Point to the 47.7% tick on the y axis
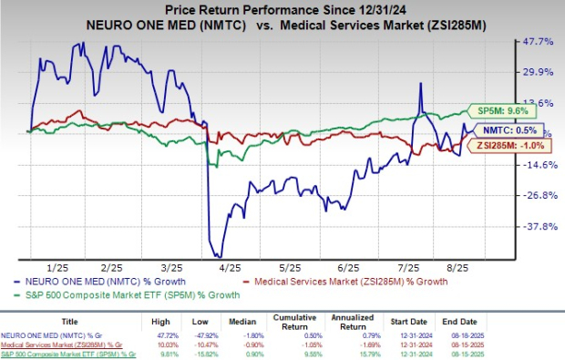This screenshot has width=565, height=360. [x=538, y=42]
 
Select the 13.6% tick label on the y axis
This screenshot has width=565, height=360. [x=538, y=103]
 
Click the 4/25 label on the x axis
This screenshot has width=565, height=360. [x=228, y=269]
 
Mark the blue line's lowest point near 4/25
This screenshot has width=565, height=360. [x=217, y=256]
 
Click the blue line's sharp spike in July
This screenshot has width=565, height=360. [x=420, y=84]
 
